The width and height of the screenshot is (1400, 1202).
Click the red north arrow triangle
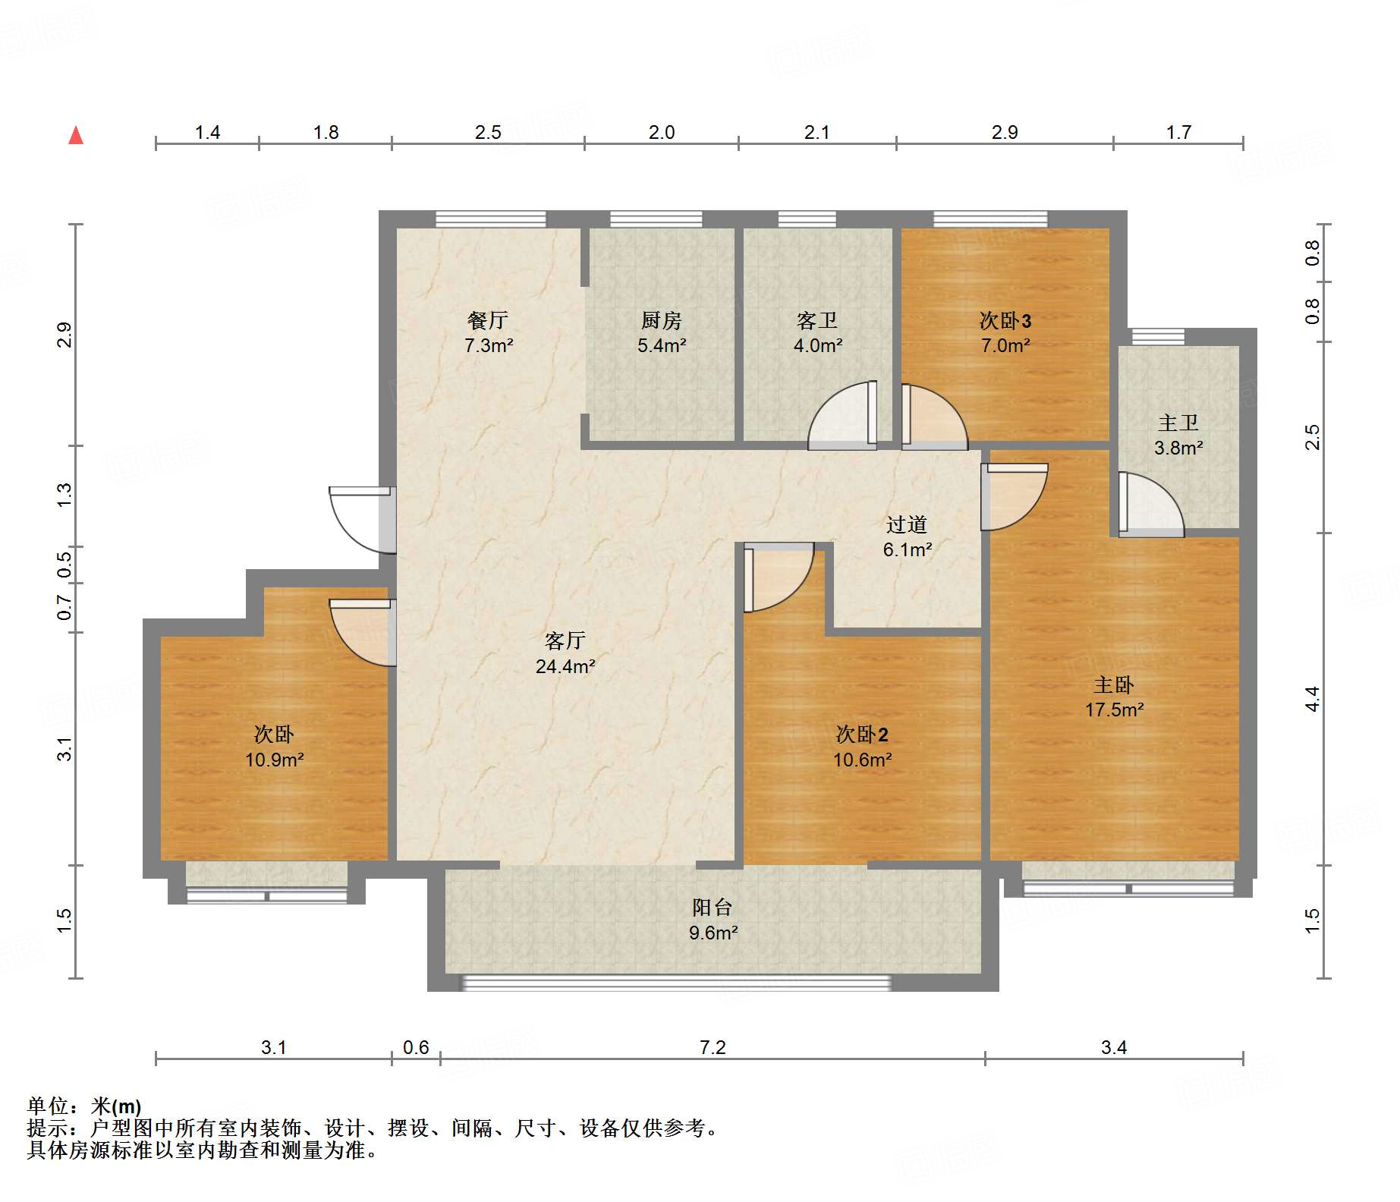[x=76, y=135]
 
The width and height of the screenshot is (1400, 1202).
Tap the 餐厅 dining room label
[x=487, y=320]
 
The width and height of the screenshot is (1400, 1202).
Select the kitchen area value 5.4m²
[x=662, y=346]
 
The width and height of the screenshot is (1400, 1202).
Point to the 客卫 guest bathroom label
[x=817, y=320]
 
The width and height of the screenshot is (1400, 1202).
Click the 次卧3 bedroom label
[x=1005, y=320]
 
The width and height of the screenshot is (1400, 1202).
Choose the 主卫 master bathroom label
[x=1178, y=423]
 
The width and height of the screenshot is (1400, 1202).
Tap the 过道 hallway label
[x=907, y=524]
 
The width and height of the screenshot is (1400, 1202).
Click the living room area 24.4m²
[x=565, y=667]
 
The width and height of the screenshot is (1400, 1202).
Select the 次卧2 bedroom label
[x=862, y=734]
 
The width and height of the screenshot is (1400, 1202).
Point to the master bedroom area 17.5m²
[x=1114, y=710]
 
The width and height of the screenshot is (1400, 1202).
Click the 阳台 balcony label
[x=712, y=907]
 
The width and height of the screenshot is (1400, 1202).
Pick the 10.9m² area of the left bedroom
[x=274, y=760]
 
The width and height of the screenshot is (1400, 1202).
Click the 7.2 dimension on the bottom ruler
[x=713, y=1047]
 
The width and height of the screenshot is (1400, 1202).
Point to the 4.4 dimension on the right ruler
[x=1312, y=698]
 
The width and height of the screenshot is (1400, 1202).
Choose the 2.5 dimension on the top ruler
[x=488, y=132]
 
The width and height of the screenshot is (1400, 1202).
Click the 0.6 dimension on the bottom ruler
[x=416, y=1047]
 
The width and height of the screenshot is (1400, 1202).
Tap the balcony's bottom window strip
[x=675, y=983]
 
